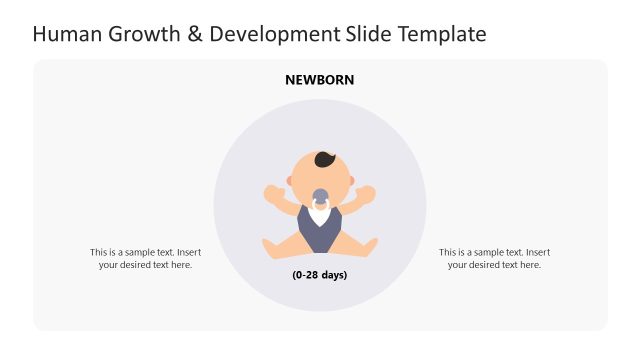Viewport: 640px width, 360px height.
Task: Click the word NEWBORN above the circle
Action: point(320,80)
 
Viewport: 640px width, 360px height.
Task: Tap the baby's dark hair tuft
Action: point(326,159)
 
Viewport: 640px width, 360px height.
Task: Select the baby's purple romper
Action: point(320,232)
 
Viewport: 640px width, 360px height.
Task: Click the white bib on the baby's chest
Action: point(320,213)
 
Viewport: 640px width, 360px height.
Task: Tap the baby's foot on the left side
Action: point(271,247)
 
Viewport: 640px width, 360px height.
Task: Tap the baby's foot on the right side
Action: point(369,247)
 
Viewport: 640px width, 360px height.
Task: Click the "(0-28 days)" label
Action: point(320,275)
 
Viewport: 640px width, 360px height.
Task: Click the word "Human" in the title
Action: point(66,35)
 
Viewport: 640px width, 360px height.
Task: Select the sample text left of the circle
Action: point(145,259)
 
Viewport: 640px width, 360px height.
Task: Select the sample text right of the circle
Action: point(494,259)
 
